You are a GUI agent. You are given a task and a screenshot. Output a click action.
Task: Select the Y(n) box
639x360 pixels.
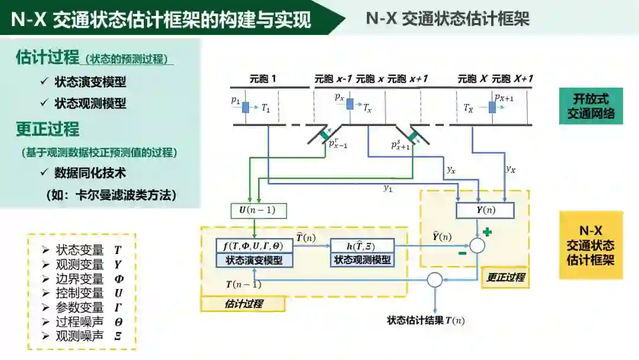coord(485,210)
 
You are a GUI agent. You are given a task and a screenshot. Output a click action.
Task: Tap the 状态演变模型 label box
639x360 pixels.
coord(254,260)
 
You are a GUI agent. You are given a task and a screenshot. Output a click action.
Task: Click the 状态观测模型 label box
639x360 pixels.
coord(362,259)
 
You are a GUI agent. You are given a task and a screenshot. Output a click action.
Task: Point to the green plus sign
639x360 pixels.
coord(487,232)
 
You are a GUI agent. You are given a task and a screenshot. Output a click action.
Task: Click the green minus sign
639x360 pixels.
coord(461,253)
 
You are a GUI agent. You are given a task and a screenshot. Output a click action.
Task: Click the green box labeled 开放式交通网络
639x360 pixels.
coord(590,106)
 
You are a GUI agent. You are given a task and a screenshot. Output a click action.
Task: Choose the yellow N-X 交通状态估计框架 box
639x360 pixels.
coord(590,245)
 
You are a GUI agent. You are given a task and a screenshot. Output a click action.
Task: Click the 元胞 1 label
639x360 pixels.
coord(263,79)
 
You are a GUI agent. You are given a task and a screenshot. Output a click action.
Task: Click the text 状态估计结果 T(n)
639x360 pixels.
coord(425,320)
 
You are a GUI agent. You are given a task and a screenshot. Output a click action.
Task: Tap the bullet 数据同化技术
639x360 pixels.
coord(90,173)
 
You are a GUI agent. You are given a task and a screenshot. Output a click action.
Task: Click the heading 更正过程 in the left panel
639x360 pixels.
coord(47,129)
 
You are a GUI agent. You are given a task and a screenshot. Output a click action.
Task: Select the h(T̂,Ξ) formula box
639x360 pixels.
coord(362,246)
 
